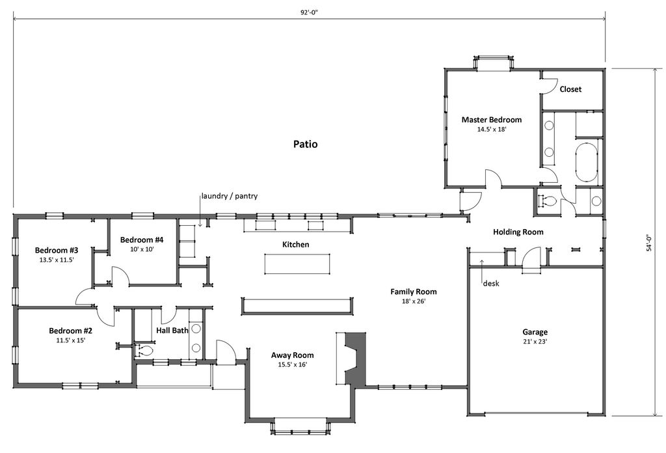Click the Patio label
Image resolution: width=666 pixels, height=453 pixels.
tap(305, 144)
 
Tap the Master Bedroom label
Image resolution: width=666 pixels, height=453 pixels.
tap(491, 120)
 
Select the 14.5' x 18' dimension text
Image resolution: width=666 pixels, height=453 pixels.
tap(491, 130)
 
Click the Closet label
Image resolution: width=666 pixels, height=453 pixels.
tap(570, 89)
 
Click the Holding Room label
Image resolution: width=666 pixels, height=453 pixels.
tap(518, 232)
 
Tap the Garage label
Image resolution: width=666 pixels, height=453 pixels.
tap(535, 331)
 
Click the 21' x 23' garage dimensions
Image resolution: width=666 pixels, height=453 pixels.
tap(535, 341)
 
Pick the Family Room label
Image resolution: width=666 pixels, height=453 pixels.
tap(413, 292)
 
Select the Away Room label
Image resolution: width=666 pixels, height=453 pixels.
tap(292, 355)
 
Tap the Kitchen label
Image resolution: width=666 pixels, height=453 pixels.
tap(295, 245)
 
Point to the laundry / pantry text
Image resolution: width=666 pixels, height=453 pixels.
tap(230, 196)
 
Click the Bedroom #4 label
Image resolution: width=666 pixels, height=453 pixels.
tap(142, 240)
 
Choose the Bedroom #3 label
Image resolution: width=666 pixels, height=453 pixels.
tap(57, 251)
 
